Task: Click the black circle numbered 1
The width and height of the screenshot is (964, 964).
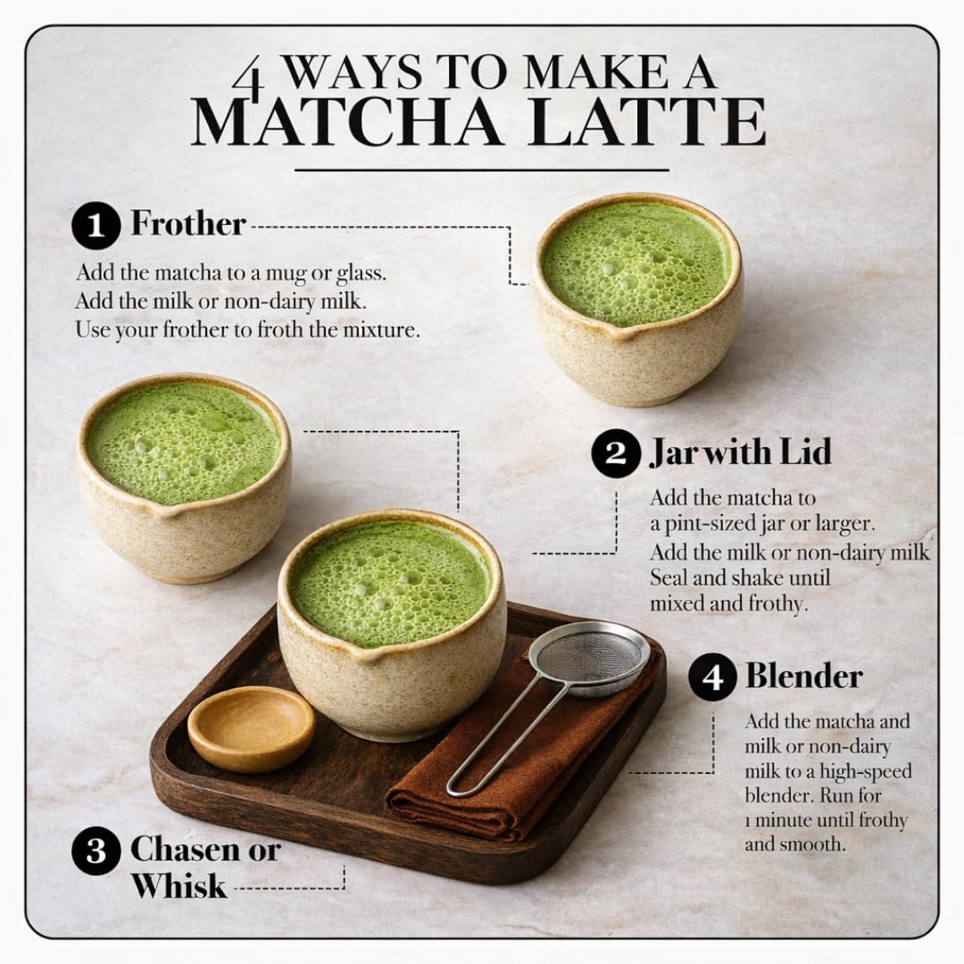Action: tap(96, 225)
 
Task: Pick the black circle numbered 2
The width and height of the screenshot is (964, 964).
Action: tap(615, 453)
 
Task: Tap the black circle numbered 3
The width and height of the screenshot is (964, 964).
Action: tap(96, 851)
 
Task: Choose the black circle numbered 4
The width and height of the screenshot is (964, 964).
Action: tap(712, 677)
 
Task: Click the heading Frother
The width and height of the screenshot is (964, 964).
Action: tap(188, 223)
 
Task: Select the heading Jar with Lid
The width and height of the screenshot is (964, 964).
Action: tap(740, 453)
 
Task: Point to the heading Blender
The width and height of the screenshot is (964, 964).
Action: tap(804, 677)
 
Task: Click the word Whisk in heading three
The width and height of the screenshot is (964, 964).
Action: tap(179, 886)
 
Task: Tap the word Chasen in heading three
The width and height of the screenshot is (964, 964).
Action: tap(186, 850)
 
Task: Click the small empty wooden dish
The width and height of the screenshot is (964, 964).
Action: tap(252, 728)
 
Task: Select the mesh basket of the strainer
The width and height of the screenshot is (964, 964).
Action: tap(589, 658)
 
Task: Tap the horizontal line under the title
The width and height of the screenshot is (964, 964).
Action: tap(481, 170)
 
